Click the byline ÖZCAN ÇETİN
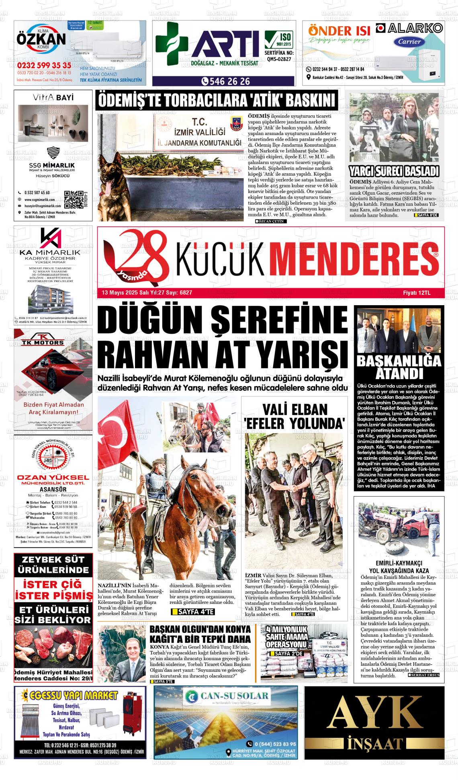click(271, 221)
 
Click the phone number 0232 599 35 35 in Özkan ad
click(44, 65)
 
